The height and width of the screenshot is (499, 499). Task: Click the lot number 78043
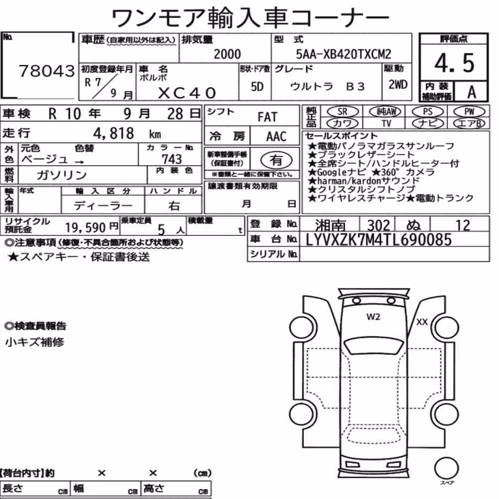(x=47, y=71)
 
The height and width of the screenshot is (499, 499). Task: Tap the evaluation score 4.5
(x=454, y=63)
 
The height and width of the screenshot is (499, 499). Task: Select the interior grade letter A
(x=472, y=92)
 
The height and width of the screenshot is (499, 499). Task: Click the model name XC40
(x=187, y=93)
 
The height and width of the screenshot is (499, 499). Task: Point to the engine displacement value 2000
(x=227, y=54)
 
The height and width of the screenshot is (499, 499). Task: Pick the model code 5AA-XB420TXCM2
(x=343, y=54)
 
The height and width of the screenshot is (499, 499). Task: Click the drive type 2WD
(x=398, y=85)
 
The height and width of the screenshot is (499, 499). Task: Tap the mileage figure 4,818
(x=114, y=133)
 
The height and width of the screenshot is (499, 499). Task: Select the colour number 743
(x=172, y=159)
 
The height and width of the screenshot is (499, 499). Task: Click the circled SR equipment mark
(x=342, y=112)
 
